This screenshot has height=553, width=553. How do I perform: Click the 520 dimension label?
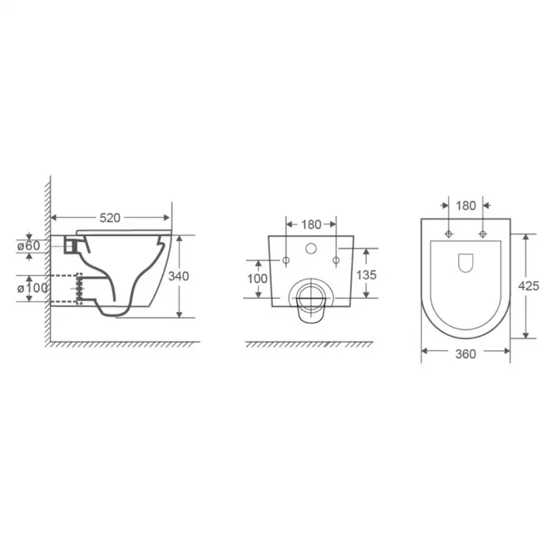click(x=110, y=218)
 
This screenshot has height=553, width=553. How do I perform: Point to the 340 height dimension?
click(x=179, y=276)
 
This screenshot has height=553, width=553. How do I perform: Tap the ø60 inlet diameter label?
click(x=29, y=246)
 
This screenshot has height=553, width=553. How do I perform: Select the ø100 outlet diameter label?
click(x=32, y=288)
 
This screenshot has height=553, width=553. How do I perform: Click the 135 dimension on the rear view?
click(x=366, y=275)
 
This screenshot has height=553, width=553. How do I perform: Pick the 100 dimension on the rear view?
click(x=257, y=279)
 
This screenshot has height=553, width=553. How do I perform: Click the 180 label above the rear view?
click(x=311, y=225)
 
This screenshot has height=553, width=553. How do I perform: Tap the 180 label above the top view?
click(x=466, y=205)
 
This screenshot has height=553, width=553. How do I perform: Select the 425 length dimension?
click(x=528, y=286)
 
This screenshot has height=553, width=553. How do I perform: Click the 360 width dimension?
click(x=466, y=353)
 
